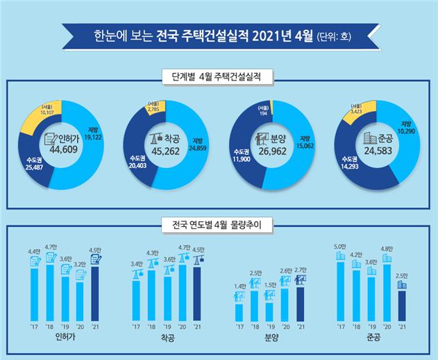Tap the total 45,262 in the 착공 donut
pyautogui.click(x=166, y=146)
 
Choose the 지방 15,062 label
pyautogui.click(x=305, y=142)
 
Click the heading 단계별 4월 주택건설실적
pyautogui.click(x=219, y=76)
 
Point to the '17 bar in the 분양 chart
pyautogui.click(x=239, y=313)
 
